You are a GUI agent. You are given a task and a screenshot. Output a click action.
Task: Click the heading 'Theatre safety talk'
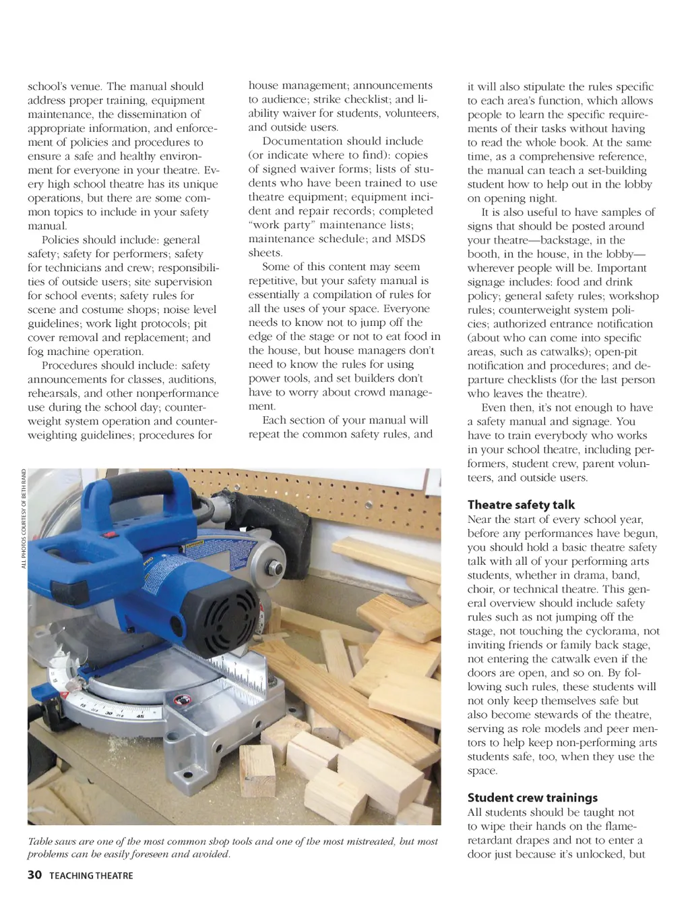521,505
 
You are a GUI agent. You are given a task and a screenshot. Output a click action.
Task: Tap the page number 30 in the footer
34,875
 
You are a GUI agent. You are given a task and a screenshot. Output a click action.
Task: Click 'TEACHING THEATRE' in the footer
91,876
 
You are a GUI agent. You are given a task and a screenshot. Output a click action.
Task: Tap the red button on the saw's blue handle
105,534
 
